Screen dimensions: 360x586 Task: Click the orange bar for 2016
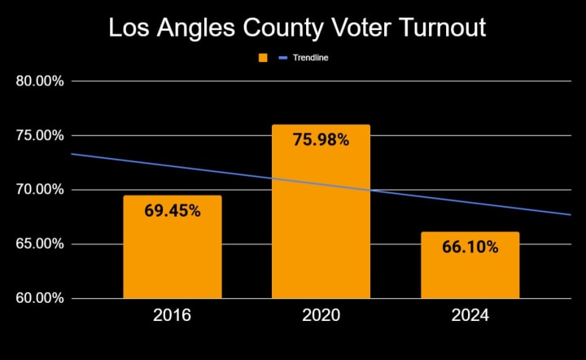[172, 252]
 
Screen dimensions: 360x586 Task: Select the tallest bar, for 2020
[321, 220]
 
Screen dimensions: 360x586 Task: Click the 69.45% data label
[172, 210]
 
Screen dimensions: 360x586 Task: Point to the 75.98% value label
[321, 140]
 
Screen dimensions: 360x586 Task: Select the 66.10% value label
[470, 247]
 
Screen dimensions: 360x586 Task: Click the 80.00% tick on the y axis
[40, 81]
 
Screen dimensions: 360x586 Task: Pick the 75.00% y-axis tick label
[40, 135]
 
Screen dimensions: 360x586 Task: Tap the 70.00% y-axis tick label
[40, 190]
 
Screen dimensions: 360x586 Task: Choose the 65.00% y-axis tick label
[40, 244]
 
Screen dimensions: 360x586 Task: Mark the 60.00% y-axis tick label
[40, 298]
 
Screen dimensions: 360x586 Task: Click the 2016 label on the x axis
[172, 315]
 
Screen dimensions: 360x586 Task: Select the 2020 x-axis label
[321, 315]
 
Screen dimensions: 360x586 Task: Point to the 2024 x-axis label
[470, 315]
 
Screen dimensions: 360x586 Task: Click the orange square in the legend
[263, 58]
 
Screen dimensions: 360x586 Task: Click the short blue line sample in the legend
[284, 58]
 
